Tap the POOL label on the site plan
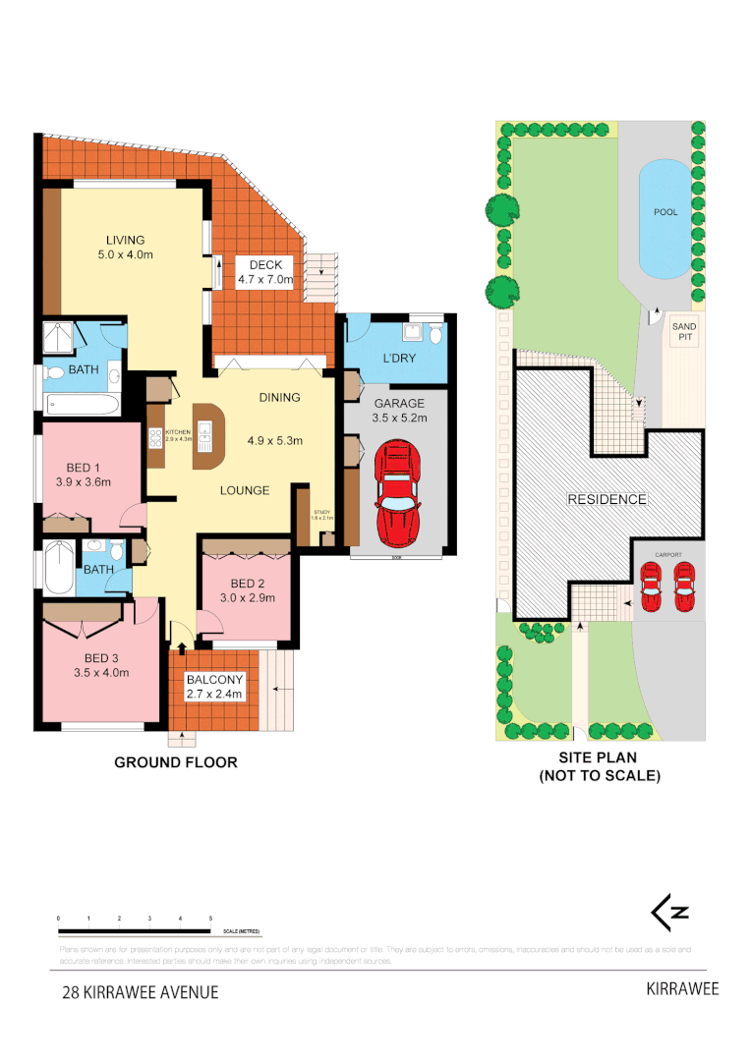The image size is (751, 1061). [x=665, y=212]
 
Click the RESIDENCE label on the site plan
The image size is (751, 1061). [x=607, y=499]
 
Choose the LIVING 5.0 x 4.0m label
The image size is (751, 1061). [x=125, y=247]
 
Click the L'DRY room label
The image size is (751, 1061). [x=398, y=359]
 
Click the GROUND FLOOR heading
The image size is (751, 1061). [x=176, y=762]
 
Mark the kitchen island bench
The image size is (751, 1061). [x=207, y=435]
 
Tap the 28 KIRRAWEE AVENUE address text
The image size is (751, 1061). [x=140, y=992]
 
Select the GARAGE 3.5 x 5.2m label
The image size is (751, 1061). [x=398, y=411]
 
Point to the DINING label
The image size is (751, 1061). [x=279, y=397]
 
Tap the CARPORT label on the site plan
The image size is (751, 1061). [x=668, y=553]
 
